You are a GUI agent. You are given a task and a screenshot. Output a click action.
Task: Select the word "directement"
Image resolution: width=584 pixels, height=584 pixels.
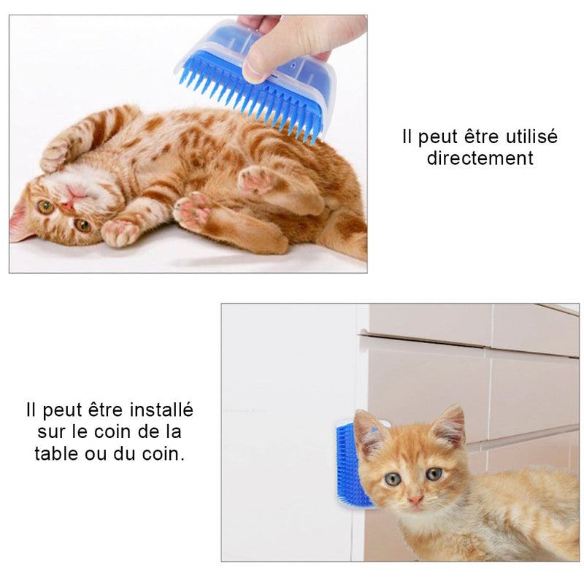coord(480,158)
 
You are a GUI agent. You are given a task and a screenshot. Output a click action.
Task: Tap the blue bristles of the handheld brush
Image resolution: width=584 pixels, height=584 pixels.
coord(255,102)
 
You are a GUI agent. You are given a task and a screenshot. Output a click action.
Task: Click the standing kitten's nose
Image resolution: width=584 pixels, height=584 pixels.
coord(415,501)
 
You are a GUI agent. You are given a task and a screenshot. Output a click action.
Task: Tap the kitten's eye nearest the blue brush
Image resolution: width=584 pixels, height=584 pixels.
coord(393,479)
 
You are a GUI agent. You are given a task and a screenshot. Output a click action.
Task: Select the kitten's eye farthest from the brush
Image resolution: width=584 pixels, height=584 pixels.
coord(434,474)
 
